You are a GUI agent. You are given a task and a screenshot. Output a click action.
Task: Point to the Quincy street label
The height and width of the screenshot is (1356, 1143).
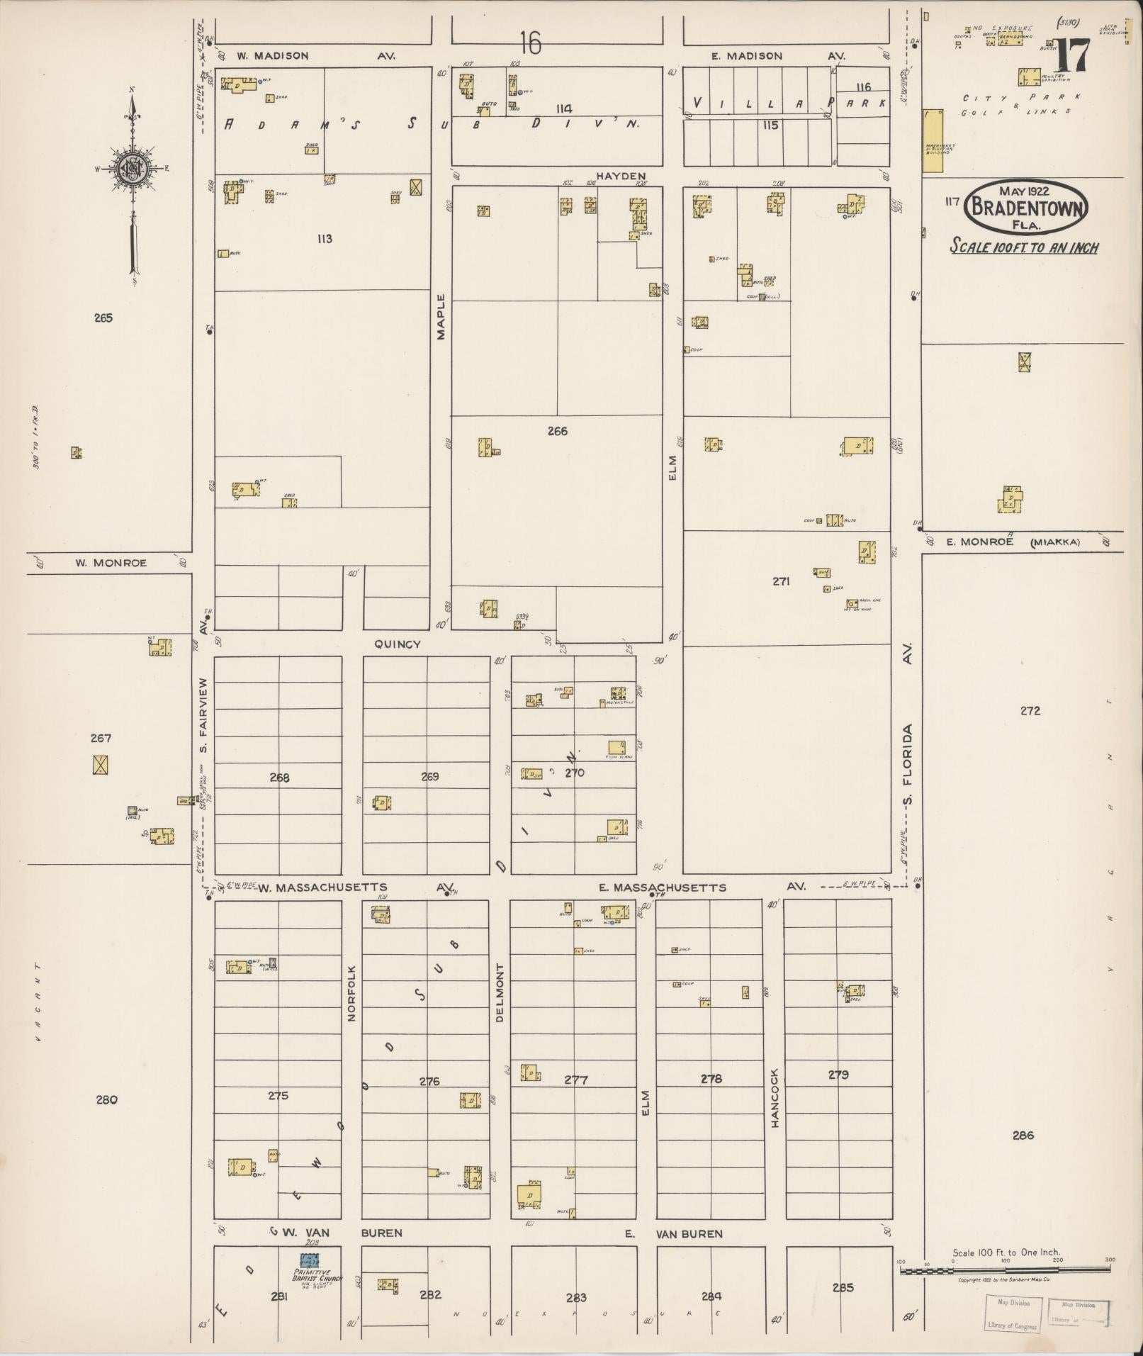pos(398,644)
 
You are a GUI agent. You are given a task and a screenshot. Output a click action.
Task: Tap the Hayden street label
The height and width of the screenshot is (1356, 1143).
pos(621,176)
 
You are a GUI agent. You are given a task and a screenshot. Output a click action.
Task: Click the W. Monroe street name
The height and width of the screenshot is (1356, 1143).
pos(111,563)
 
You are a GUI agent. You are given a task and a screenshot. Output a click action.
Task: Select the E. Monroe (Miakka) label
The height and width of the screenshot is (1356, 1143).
pos(1013,542)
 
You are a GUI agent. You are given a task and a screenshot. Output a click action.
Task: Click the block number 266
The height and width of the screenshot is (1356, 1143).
pos(558,430)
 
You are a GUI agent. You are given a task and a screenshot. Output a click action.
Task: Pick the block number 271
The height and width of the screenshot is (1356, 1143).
pos(782,581)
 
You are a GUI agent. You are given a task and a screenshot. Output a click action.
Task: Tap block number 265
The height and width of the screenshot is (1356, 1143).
pos(103,318)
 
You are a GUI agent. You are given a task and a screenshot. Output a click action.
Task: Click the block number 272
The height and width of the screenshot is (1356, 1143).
pos(1030,710)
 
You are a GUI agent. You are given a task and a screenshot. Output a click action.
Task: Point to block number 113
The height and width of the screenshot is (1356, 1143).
pos(325,239)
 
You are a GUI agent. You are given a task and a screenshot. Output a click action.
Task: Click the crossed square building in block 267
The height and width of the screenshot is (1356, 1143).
pos(101,765)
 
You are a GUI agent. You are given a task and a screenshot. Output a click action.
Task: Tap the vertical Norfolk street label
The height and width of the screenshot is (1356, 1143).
pos(351,992)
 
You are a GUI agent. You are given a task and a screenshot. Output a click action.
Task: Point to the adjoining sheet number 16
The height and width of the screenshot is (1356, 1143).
pos(530,44)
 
